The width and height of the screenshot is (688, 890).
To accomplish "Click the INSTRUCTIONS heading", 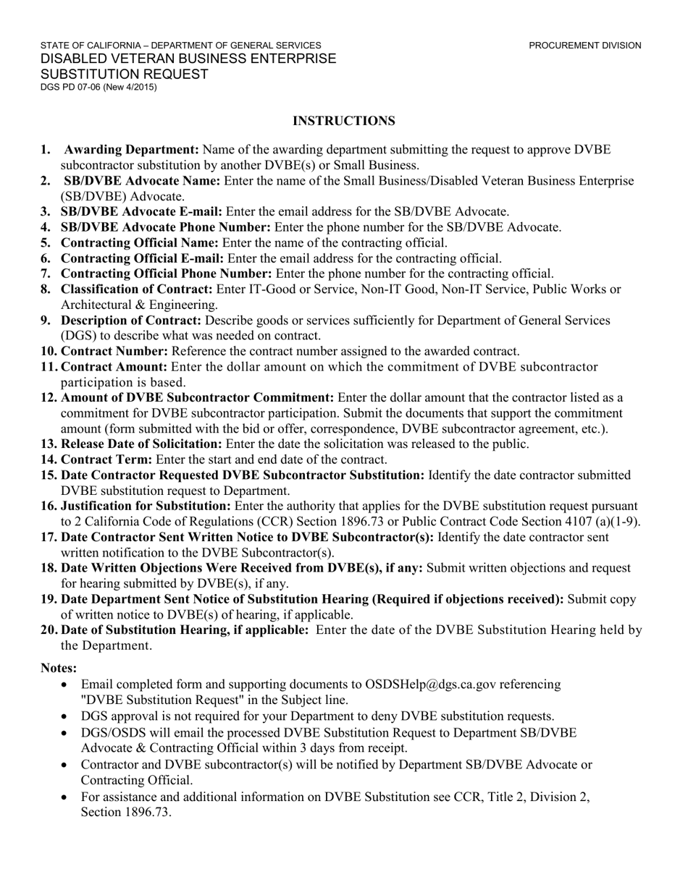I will click(x=344, y=121).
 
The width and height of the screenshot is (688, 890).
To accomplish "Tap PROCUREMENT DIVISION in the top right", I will click(x=584, y=46).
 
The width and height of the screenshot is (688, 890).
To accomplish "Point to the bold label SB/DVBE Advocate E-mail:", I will click(x=142, y=211).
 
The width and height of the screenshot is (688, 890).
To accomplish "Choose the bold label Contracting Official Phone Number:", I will click(x=167, y=274).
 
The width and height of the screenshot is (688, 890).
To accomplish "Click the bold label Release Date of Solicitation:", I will click(x=142, y=444).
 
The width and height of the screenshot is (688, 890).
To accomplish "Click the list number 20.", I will click(x=49, y=630).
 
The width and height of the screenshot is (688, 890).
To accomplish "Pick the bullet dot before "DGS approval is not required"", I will click(x=66, y=716).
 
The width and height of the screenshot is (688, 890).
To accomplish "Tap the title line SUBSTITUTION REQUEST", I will click(x=124, y=74).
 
